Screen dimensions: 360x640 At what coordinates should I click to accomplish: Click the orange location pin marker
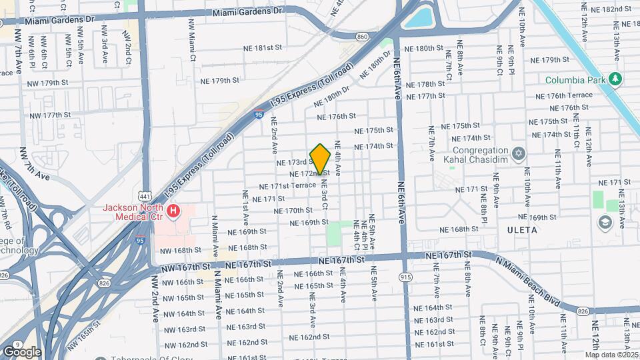tap(321, 159)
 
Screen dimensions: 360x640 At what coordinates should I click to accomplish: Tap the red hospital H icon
tap(173, 211)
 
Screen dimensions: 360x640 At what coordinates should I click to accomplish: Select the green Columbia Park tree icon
tap(616, 80)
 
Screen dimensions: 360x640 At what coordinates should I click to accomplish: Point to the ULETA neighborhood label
tap(522, 230)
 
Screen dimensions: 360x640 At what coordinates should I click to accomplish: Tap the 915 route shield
tap(406, 276)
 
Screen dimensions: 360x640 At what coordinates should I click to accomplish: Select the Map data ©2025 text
tap(611, 355)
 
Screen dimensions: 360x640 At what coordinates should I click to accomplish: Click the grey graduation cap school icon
tap(605, 223)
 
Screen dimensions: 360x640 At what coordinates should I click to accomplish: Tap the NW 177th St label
tap(49, 115)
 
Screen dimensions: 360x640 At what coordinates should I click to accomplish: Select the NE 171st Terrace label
tap(287, 187)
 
